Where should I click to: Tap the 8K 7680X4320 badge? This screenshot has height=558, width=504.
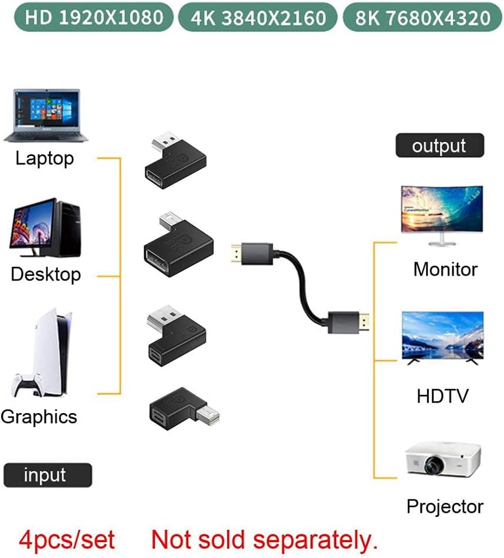(423, 18)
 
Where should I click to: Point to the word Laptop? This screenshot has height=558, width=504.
(45, 158)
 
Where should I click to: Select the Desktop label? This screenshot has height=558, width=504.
(46, 275)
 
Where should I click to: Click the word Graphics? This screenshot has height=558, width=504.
(39, 417)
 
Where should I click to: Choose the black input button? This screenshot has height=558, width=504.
(48, 475)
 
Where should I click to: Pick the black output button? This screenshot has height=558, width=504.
(439, 146)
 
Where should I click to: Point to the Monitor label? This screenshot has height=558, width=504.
(445, 269)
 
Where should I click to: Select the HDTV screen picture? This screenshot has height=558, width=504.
(442, 336)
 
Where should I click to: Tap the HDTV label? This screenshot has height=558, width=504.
(443, 395)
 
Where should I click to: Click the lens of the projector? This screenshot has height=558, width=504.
(434, 466)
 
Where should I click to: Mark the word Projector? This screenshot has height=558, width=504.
(445, 506)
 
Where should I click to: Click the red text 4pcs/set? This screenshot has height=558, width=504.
(66, 539)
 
